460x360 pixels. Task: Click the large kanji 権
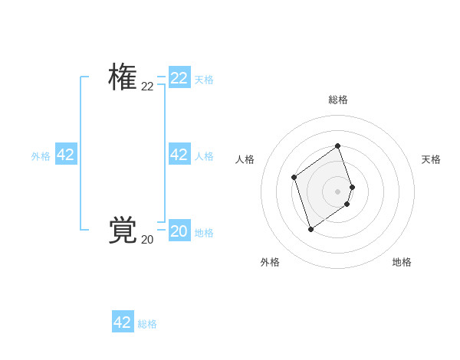[x=123, y=77]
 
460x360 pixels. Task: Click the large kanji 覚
[x=123, y=231]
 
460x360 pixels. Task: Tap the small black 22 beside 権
[x=147, y=87]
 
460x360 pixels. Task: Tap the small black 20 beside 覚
[x=147, y=240]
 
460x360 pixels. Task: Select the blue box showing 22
[x=179, y=78]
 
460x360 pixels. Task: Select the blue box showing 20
[x=179, y=231]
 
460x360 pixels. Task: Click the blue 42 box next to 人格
[x=179, y=155]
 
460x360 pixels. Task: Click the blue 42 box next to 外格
[x=66, y=155]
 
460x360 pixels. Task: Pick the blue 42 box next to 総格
[x=123, y=322]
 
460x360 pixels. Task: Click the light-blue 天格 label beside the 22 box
[x=204, y=79]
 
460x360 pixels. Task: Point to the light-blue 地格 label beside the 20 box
[x=204, y=233]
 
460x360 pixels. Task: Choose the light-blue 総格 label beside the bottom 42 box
[x=147, y=324]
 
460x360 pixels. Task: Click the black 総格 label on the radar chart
[x=338, y=100]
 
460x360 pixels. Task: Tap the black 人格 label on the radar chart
[x=245, y=159]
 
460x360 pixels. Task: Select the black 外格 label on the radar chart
[x=270, y=262]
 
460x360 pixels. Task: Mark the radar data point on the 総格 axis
[x=338, y=146]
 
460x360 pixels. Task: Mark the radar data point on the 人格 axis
[x=294, y=178]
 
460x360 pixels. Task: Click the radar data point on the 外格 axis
[x=310, y=228]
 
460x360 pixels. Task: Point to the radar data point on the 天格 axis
[x=352, y=187]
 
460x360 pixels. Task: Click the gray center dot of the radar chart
[x=338, y=191]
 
